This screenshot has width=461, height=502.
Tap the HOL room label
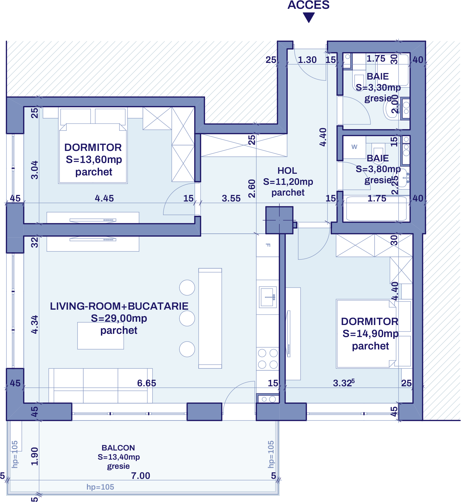(x=287, y=171)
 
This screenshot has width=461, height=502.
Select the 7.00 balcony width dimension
(x=141, y=476)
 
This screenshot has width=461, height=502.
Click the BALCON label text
(x=118, y=448)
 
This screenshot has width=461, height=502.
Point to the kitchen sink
(x=268, y=297)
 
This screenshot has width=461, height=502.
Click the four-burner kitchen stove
(x=268, y=359)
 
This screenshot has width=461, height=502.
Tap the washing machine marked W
(x=354, y=147)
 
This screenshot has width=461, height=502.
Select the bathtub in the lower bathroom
(x=376, y=209)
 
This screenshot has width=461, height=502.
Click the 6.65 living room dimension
(x=147, y=383)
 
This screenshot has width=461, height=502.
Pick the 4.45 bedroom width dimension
(x=104, y=198)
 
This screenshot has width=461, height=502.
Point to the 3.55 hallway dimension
(x=231, y=198)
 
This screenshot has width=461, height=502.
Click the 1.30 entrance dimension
(x=307, y=60)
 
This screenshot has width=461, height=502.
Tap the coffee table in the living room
(x=100, y=336)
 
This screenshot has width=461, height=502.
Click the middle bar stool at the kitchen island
(x=187, y=318)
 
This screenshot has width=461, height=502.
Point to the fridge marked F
(x=268, y=245)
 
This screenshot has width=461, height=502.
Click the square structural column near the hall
(x=279, y=220)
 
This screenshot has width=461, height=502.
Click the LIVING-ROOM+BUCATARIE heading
(x=119, y=306)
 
